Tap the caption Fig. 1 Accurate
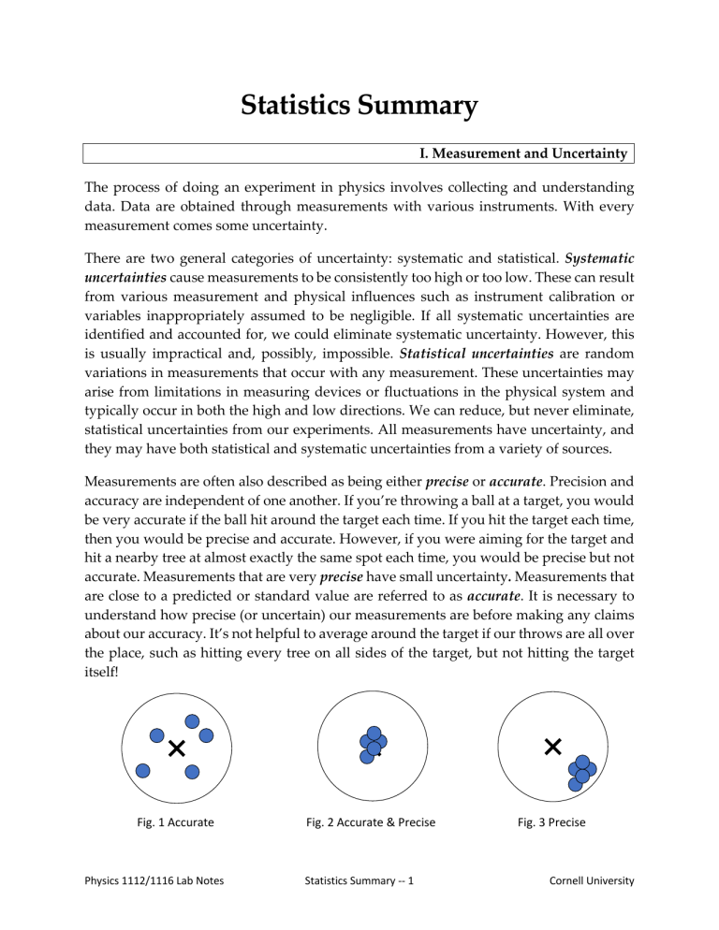[x=175, y=822]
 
